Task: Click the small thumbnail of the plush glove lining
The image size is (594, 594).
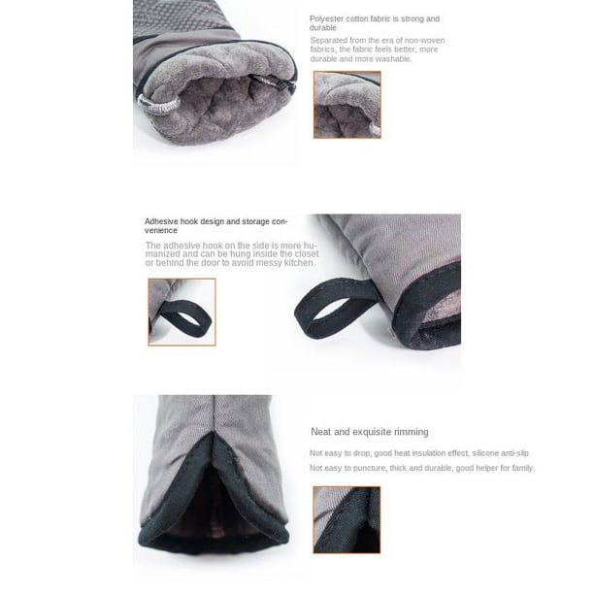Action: [347, 105]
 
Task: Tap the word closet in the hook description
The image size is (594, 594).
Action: [307, 254]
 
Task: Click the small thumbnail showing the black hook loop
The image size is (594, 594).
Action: [181, 312]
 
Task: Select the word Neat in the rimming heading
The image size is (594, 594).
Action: [320, 432]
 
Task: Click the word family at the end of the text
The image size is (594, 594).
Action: [523, 468]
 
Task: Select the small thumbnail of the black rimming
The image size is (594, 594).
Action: [346, 520]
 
